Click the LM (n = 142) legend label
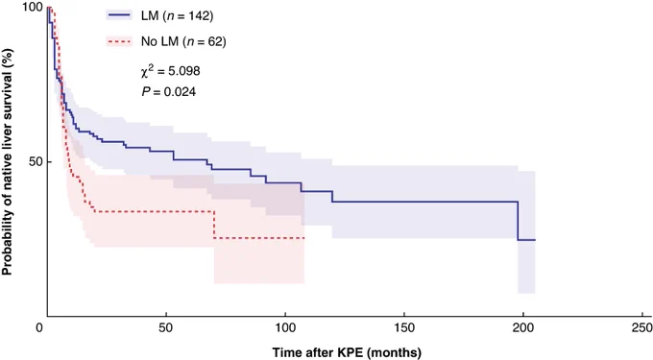point(177,15)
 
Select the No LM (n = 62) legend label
point(183,41)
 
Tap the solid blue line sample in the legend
point(119,15)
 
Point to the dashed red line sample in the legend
point(119,41)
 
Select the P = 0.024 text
point(169,91)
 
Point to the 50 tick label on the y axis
point(36,161)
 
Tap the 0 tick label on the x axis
point(39,328)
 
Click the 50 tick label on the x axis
point(166,328)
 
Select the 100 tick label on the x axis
point(285,328)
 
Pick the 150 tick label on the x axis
point(404,328)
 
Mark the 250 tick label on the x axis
point(641,328)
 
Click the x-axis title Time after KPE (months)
point(347,352)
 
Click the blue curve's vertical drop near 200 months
point(518,221)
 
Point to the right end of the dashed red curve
point(304,238)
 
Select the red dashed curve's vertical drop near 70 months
point(214,225)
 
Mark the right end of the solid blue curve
point(535,240)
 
